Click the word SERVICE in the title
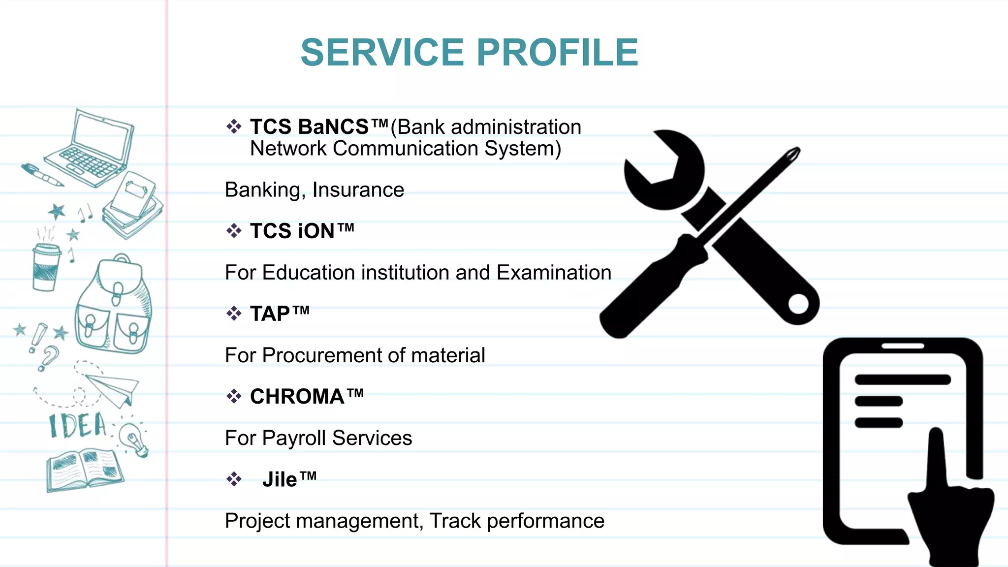(x=382, y=52)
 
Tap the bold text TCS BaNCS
(x=309, y=127)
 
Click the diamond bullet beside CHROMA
(x=234, y=396)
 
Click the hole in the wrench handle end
(x=798, y=304)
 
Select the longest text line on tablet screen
(x=902, y=379)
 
